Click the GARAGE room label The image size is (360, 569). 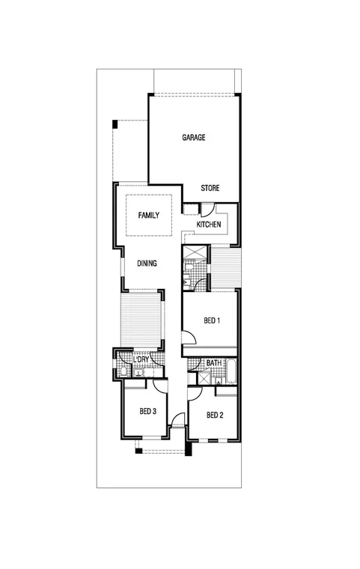tap(193, 138)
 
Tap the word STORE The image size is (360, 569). tap(210, 188)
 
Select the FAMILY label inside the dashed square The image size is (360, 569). tap(148, 216)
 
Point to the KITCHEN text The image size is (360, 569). tap(208, 225)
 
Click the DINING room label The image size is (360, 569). tap(147, 264)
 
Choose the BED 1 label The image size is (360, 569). tap(212, 320)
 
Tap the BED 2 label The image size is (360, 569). tap(214, 415)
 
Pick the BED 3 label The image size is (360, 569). tap(147, 411)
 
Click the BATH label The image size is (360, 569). tap(214, 363)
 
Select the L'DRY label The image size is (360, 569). tap(141, 360)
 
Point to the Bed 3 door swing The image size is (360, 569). tap(159, 386)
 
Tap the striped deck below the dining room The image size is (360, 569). tap(141, 318)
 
